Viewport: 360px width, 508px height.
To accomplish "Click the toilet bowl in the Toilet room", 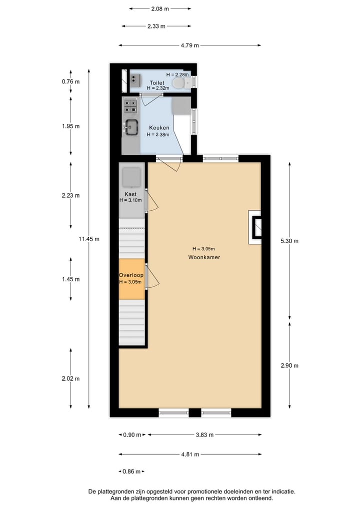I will [178, 82].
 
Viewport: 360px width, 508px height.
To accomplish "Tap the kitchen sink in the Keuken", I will [131, 127].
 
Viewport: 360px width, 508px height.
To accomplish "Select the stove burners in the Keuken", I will [131, 105].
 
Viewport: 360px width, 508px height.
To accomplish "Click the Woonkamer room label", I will [204, 258].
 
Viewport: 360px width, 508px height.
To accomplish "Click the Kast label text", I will [130, 194].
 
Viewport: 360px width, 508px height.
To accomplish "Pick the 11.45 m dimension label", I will [89, 239].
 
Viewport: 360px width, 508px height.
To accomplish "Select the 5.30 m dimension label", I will [289, 241].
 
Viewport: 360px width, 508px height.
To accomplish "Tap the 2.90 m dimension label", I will [289, 366].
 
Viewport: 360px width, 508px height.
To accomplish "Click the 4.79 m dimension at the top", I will [189, 45].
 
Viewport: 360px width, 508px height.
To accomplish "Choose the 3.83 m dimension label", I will [204, 435].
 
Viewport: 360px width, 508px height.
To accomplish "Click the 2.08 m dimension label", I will [160, 8].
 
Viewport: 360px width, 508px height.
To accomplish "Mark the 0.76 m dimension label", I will [70, 82].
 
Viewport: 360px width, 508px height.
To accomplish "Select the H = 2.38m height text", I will [158, 134].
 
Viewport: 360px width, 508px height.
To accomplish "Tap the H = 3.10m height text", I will [130, 200].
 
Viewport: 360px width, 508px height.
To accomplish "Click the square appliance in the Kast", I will [131, 176].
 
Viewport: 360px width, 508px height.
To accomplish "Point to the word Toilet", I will [157, 82].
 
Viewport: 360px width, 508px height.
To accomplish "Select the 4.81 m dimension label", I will [189, 455].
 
